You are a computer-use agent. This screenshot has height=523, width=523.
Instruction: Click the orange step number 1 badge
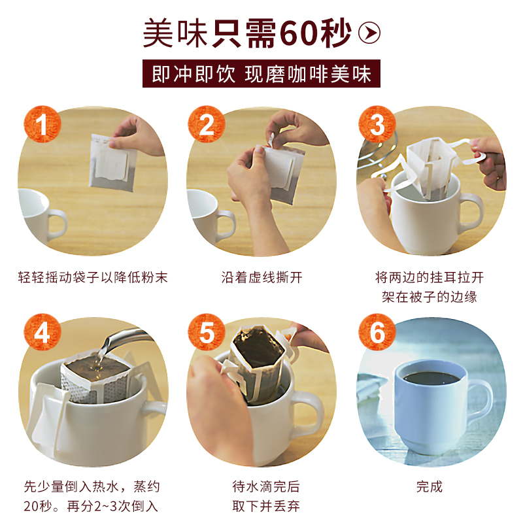pyautogui.click(x=42, y=124)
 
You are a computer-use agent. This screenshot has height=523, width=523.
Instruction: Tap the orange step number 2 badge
pyautogui.click(x=207, y=124)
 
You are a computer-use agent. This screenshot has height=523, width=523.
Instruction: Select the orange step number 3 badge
pyautogui.click(x=377, y=124)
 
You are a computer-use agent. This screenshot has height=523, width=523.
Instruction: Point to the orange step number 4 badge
pyautogui.click(x=42, y=332)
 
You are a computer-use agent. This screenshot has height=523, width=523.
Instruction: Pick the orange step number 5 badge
pyautogui.click(x=207, y=332)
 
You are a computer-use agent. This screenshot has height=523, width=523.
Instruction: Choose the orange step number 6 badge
pyautogui.click(x=377, y=332)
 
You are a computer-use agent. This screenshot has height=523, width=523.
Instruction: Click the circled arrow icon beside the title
pyautogui.click(x=369, y=33)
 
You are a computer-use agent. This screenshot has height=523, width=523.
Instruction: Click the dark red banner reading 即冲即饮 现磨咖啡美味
pyautogui.click(x=261, y=73)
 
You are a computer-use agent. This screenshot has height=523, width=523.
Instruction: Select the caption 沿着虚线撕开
pyautogui.click(x=262, y=277)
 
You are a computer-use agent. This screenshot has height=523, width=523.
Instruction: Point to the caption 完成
pyautogui.click(x=430, y=486)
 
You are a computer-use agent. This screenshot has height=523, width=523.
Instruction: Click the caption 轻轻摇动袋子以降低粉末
pyautogui.click(x=93, y=277)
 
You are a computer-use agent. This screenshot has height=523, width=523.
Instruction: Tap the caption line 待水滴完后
pyautogui.click(x=266, y=486)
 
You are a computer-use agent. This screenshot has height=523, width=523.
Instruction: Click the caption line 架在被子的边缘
pyautogui.click(x=430, y=297)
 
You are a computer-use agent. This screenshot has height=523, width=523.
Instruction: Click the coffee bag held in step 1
pyautogui.click(x=112, y=163)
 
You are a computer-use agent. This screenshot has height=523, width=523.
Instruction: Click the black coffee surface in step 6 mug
pyautogui.click(x=431, y=378)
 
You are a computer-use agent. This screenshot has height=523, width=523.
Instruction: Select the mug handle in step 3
pyautogui.click(x=472, y=213)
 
